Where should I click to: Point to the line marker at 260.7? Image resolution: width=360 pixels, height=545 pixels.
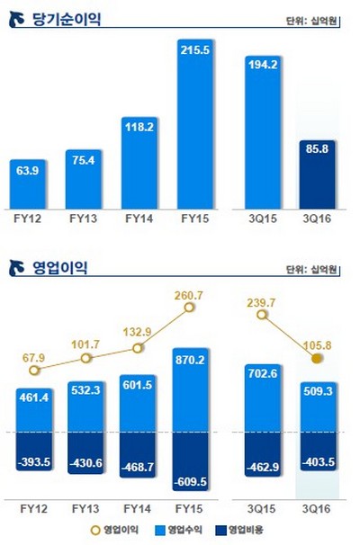pyautogui.click(x=190, y=308)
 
